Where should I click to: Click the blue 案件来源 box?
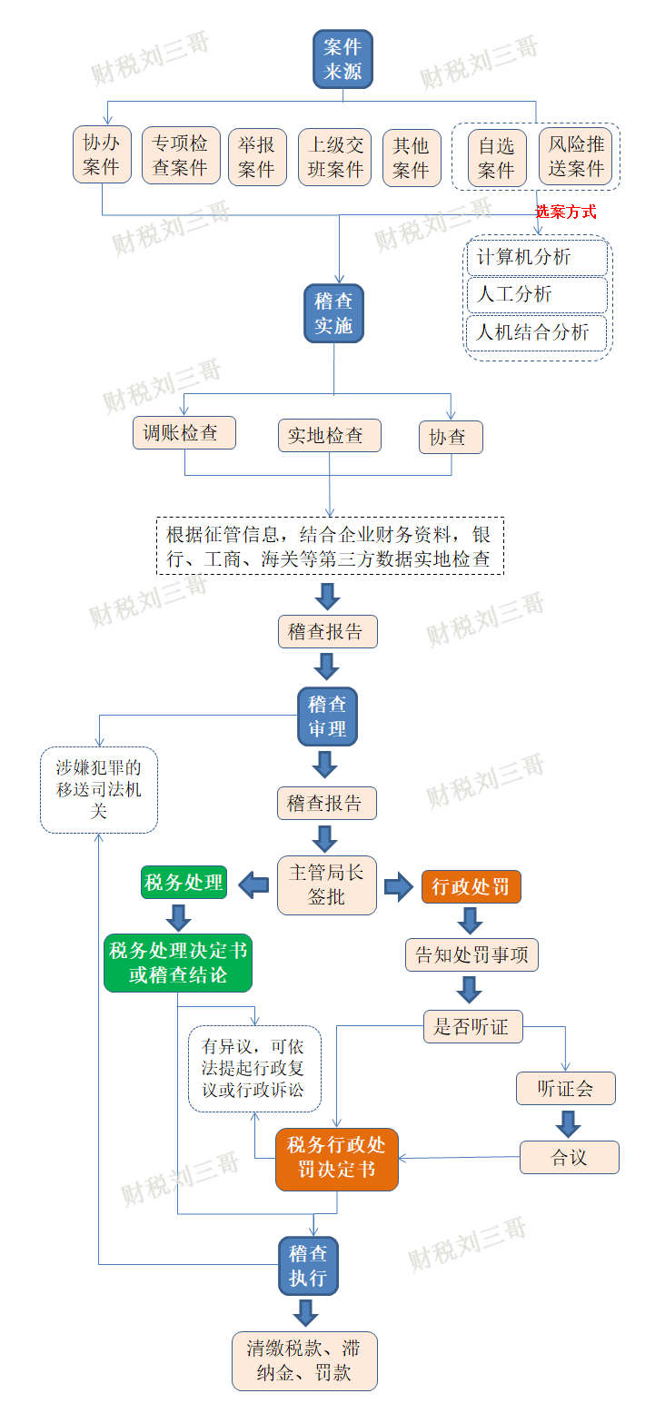click(342, 59)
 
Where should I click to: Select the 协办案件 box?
click(102, 154)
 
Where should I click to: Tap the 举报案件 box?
click(257, 157)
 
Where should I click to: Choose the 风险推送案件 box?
click(576, 156)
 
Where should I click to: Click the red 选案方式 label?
click(565, 212)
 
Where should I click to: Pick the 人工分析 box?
click(537, 294)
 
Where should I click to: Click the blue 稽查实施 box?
click(333, 313)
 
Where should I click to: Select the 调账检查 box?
click(184, 432)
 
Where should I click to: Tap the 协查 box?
click(451, 437)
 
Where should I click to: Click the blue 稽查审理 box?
click(327, 716)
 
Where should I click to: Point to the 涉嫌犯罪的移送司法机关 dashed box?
click(99, 790)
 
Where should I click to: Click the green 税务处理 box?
click(184, 883)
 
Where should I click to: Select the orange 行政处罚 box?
click(471, 887)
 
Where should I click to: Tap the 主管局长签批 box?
click(326, 884)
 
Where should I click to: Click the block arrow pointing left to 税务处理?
click(254, 884)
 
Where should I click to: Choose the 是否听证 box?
click(472, 1026)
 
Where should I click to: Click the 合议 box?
click(570, 1157)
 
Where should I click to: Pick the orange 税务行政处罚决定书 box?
click(337, 1160)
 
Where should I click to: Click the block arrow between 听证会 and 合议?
click(568, 1124)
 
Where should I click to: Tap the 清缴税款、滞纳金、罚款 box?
click(304, 1360)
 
